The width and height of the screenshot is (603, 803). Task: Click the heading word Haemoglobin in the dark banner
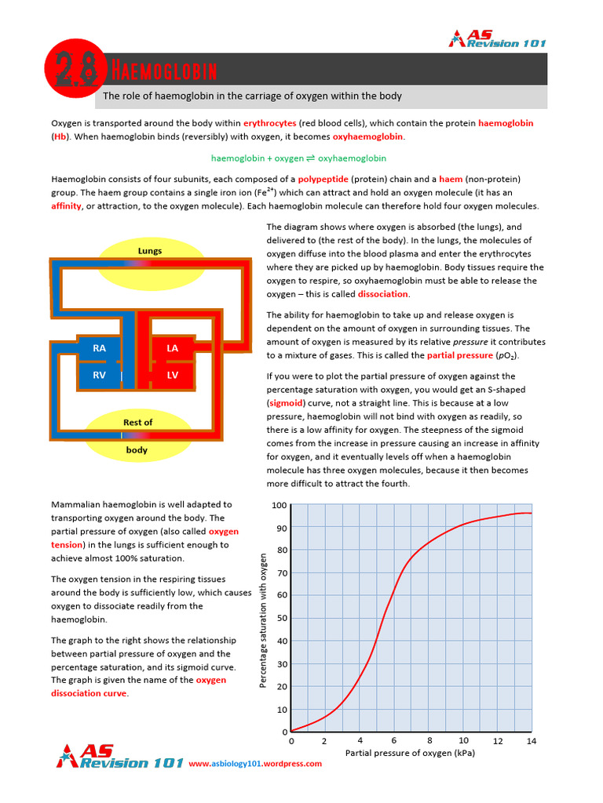pyautogui.click(x=160, y=73)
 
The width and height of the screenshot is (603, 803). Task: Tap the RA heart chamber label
pyautogui.click(x=99, y=348)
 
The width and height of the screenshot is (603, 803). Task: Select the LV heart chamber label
pyautogui.click(x=173, y=375)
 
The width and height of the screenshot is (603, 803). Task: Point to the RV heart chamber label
pyautogui.click(x=99, y=375)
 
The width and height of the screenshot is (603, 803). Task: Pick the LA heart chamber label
pyautogui.click(x=173, y=348)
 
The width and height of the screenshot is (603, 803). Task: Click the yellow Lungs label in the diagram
pyautogui.click(x=150, y=252)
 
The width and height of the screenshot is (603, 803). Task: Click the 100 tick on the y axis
pyautogui.click(x=279, y=504)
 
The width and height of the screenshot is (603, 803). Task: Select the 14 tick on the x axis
pyautogui.click(x=532, y=741)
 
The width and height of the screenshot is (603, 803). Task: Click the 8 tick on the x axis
pyautogui.click(x=429, y=741)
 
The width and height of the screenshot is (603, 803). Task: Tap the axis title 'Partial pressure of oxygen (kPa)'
pyautogui.click(x=410, y=754)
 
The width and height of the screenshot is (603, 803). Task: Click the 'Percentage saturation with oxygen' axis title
pyautogui.click(x=264, y=620)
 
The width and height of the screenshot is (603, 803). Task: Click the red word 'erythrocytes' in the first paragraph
pyautogui.click(x=269, y=123)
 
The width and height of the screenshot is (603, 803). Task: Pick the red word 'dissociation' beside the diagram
pyautogui.click(x=383, y=294)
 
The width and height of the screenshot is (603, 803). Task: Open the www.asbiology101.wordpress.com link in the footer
pyautogui.click(x=255, y=764)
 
